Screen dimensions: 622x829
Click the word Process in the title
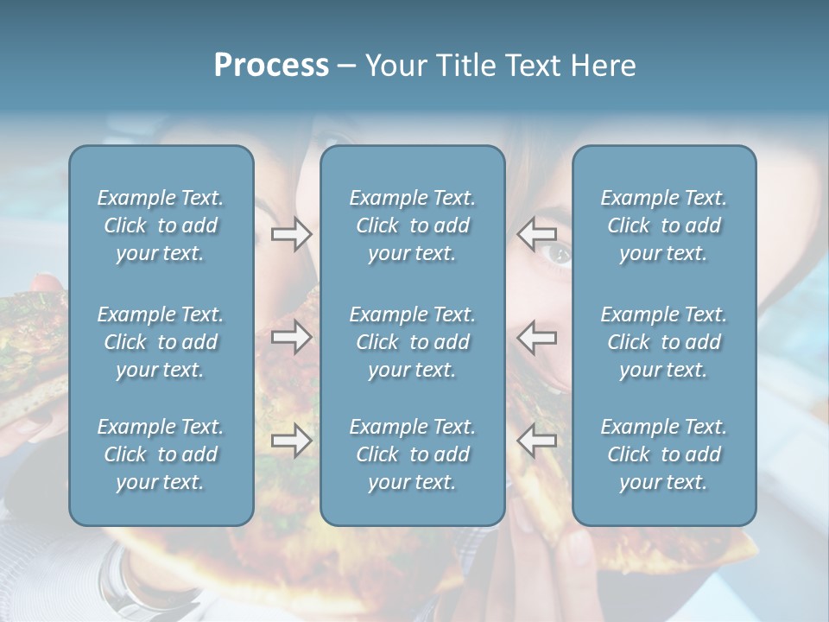271,66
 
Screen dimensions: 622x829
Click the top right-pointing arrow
291,233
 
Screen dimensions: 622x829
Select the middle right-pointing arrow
291,337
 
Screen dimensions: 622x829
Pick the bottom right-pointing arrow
291,441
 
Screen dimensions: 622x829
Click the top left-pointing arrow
537,233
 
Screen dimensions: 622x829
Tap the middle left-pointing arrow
537,337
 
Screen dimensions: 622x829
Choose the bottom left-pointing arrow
537,441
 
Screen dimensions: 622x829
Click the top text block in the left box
161,225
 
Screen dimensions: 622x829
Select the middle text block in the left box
161,342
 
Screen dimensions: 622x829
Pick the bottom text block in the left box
161,454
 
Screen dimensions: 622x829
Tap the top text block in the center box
412,225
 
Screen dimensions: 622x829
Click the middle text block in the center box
412,342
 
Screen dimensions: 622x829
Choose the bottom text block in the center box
412,454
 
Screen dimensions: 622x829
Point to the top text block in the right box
663,225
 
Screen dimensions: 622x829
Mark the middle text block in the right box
663,342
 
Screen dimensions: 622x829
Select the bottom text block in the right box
663,454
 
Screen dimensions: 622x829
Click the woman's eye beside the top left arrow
560,253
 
